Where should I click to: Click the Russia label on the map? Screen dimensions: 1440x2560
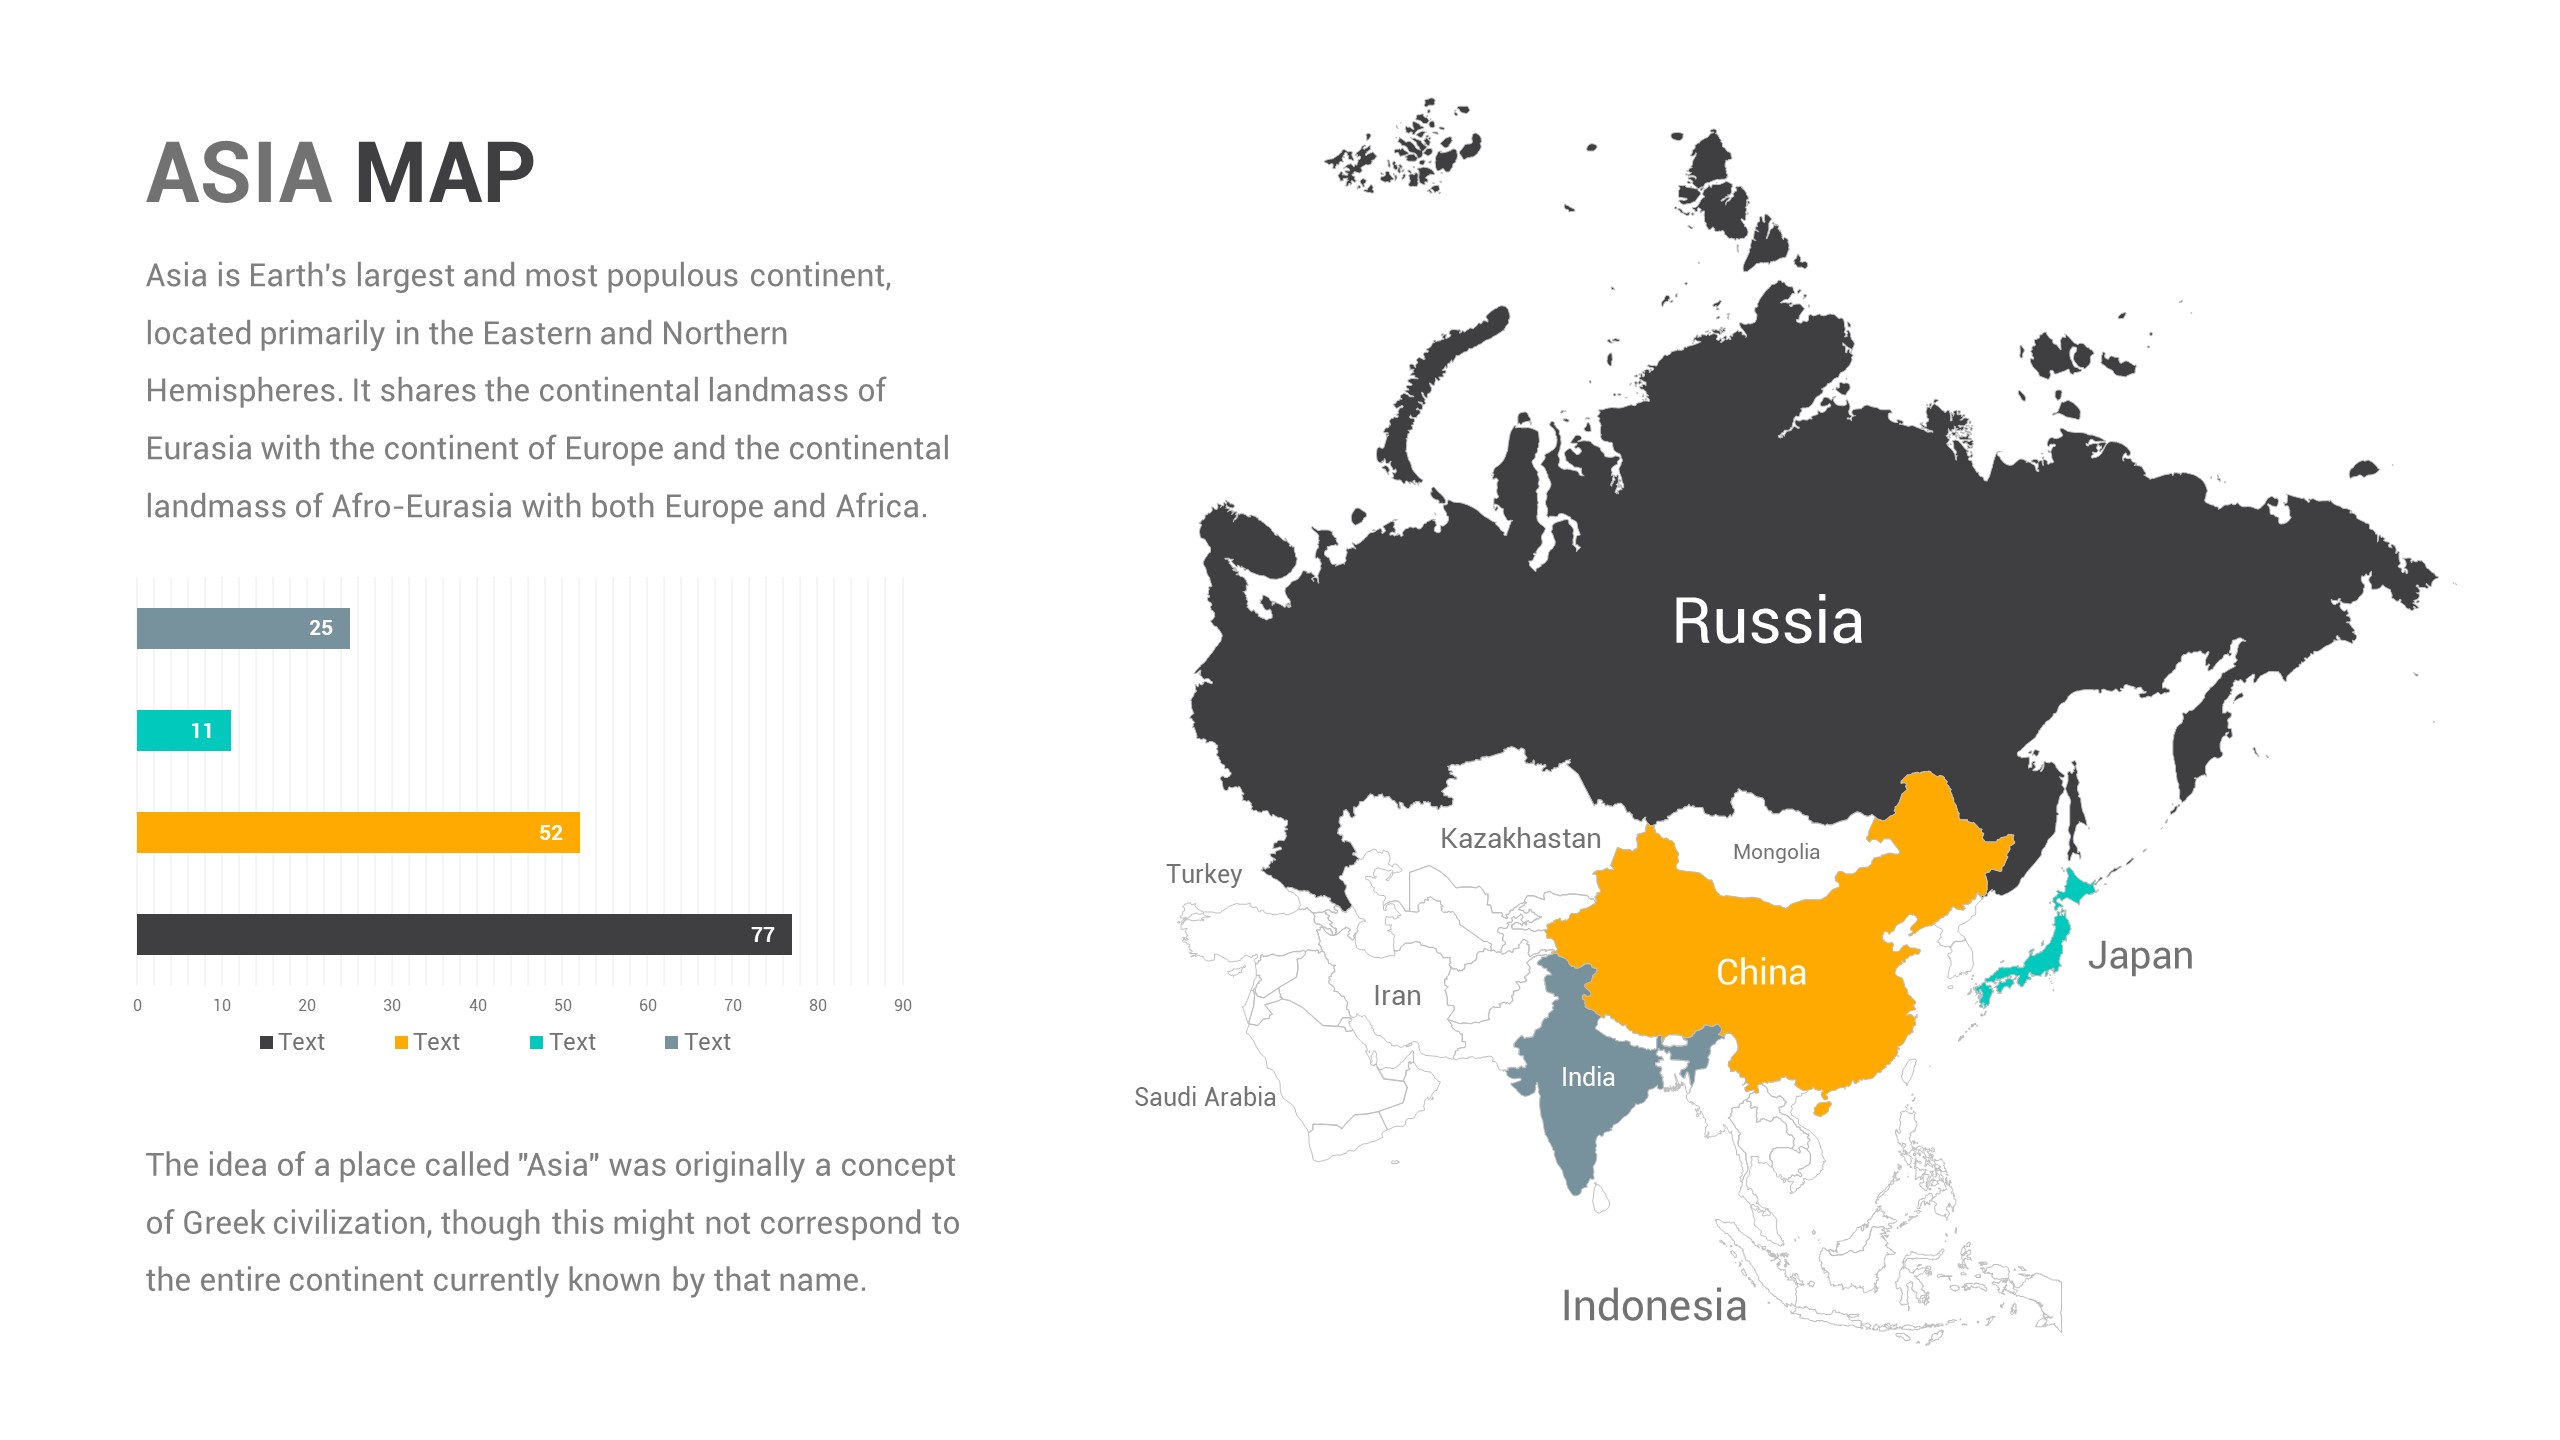click(1767, 621)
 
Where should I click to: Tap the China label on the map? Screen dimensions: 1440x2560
click(1761, 972)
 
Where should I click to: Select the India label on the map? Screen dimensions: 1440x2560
click(1587, 1077)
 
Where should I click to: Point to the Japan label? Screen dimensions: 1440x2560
click(2140, 956)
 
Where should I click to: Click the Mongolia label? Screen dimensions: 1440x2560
click(1776, 852)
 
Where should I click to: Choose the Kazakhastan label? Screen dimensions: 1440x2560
click(1520, 838)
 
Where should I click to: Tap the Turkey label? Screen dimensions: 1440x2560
click(1204, 874)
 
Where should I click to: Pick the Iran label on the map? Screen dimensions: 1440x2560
click(1397, 996)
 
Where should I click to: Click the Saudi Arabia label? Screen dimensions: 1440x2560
click(1204, 1097)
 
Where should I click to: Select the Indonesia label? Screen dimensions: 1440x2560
click(1654, 1306)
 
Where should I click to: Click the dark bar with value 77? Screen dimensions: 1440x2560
click(464, 934)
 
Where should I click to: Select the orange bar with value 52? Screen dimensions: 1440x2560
click(358, 832)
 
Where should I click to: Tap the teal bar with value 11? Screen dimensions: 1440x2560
click(184, 730)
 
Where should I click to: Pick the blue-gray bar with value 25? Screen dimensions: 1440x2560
click(243, 628)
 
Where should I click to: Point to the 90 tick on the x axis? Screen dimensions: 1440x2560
click(903, 1005)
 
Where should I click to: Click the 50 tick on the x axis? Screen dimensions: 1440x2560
click(563, 1005)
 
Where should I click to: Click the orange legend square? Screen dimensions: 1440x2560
click(401, 1043)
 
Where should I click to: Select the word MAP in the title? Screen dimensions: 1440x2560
click(444, 174)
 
